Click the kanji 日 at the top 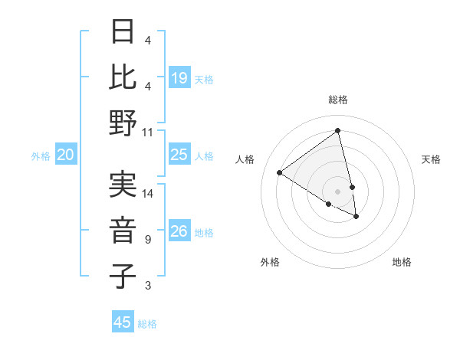point(123,32)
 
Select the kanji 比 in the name point(123,77)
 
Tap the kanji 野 point(123,123)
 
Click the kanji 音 point(123,230)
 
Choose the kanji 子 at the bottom point(123,276)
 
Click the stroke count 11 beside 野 point(148,132)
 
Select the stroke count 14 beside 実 point(148,194)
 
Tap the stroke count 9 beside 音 point(147,240)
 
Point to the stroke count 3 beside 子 point(147,286)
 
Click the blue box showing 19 point(179,77)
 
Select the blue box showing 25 point(179,155)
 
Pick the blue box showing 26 point(179,231)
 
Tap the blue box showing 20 point(66,155)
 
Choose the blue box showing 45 point(123,322)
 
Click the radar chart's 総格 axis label point(338,100)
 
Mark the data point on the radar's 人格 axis point(279,172)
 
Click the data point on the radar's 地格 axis point(356,217)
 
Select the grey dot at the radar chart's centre point(338,191)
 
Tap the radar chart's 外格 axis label point(270,262)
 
